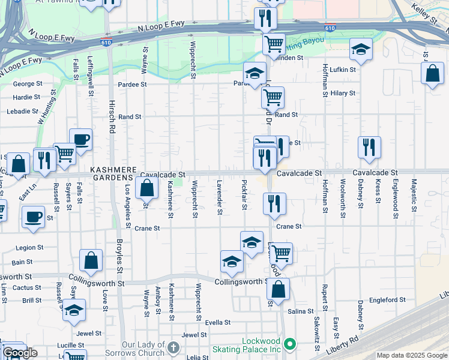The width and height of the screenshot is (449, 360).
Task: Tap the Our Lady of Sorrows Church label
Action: tap(143, 349)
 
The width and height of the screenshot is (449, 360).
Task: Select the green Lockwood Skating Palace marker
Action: tap(291, 344)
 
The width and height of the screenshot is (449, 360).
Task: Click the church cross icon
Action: tap(173, 347)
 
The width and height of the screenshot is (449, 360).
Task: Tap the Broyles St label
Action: tap(119, 252)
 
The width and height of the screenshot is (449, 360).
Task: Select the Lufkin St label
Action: tap(343, 70)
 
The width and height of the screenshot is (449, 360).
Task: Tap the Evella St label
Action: tap(218, 322)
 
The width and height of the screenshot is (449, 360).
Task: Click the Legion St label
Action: tap(29, 247)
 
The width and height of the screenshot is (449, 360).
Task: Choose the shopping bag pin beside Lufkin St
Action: tap(432, 74)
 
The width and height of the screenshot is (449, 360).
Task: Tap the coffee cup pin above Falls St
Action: tap(80, 141)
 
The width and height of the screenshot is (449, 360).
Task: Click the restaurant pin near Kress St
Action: tap(369, 148)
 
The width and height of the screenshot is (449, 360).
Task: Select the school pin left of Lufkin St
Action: tap(361, 50)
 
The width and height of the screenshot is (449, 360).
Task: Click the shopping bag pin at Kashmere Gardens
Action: tap(147, 188)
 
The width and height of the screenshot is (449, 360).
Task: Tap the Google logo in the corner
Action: tap(20, 353)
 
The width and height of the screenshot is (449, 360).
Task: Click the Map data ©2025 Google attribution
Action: tap(411, 355)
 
